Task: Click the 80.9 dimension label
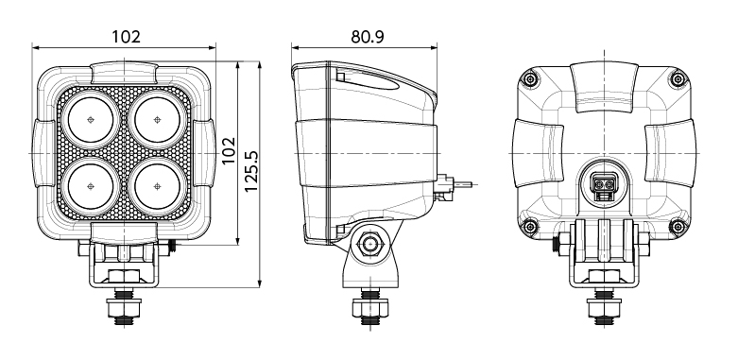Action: tap(368, 37)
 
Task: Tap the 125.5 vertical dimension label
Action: tap(251, 171)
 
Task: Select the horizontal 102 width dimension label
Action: tap(126, 36)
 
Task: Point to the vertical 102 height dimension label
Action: tap(229, 150)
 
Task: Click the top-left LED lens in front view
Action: tap(91, 120)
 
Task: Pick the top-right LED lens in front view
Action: tap(157, 120)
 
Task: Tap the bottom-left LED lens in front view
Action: tap(91, 186)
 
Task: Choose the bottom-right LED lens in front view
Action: tap(157, 186)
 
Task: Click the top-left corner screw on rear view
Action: tap(530, 78)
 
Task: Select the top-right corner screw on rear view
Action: tap(678, 78)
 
